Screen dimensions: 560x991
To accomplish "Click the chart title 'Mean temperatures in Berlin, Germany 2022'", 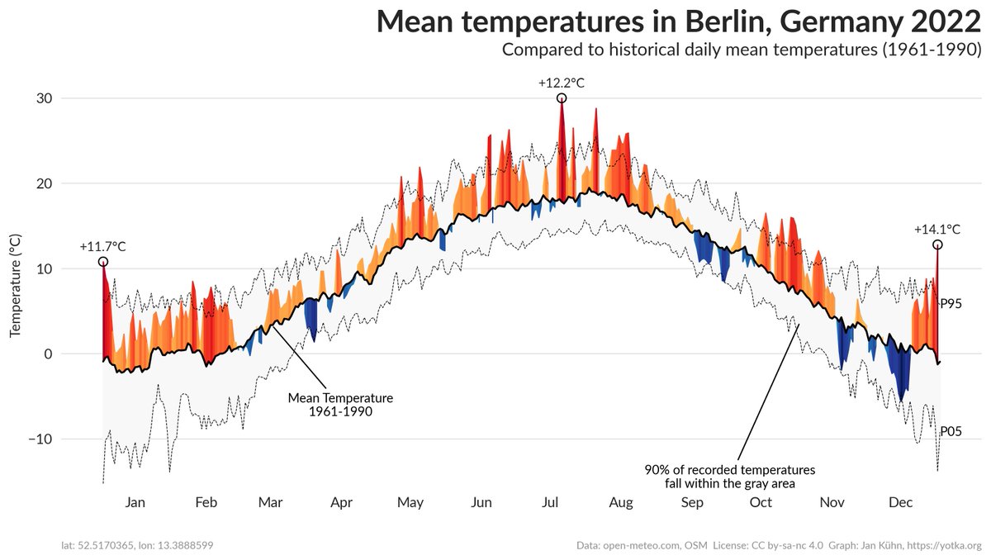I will coord(679,21).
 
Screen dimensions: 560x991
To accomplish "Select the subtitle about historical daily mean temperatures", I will coord(742,50).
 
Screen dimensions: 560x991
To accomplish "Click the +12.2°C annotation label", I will coord(562,83).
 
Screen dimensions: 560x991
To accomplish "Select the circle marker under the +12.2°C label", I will coord(562,97).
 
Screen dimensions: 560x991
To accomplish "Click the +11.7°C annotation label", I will coord(102,246).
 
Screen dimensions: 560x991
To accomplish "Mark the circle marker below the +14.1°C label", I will coord(937,244).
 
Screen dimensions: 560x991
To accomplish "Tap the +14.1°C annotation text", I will coord(937,230).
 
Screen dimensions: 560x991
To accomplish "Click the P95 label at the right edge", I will coord(951,303).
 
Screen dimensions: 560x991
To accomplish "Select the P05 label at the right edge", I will coord(951,431).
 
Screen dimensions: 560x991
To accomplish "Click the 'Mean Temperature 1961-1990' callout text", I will coord(340,404).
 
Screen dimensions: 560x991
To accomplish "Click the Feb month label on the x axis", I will coord(206,502).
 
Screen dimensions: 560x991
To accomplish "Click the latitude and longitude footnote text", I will coord(139,545).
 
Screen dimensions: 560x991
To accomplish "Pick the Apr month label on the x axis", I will coord(341,502).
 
